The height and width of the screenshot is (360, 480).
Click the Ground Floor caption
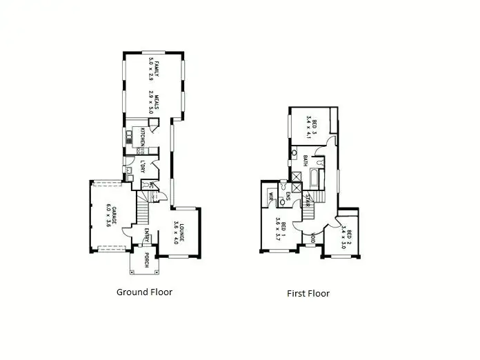tap(144, 292)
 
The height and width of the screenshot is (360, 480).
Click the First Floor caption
tap(308, 293)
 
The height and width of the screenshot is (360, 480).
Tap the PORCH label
tap(146, 261)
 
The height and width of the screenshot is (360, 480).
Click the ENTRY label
tap(146, 236)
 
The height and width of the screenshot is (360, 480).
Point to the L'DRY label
tap(142, 167)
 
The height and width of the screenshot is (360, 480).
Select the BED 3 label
tap(315, 128)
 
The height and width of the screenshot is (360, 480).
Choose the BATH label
tap(305, 161)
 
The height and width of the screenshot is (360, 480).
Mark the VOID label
tap(312, 239)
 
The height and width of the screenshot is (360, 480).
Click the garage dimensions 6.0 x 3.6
tap(108, 215)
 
